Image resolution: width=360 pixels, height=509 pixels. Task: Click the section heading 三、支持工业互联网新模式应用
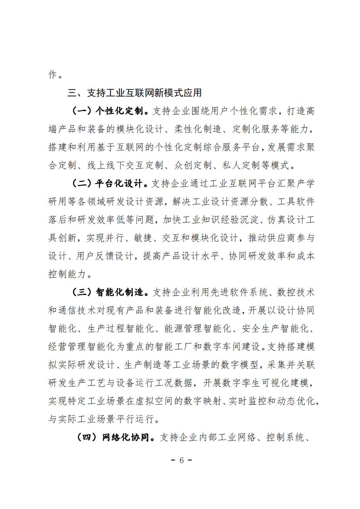click(x=135, y=93)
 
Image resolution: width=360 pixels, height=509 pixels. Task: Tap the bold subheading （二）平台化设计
click(x=109, y=184)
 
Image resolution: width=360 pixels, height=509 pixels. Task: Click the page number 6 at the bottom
click(x=180, y=461)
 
